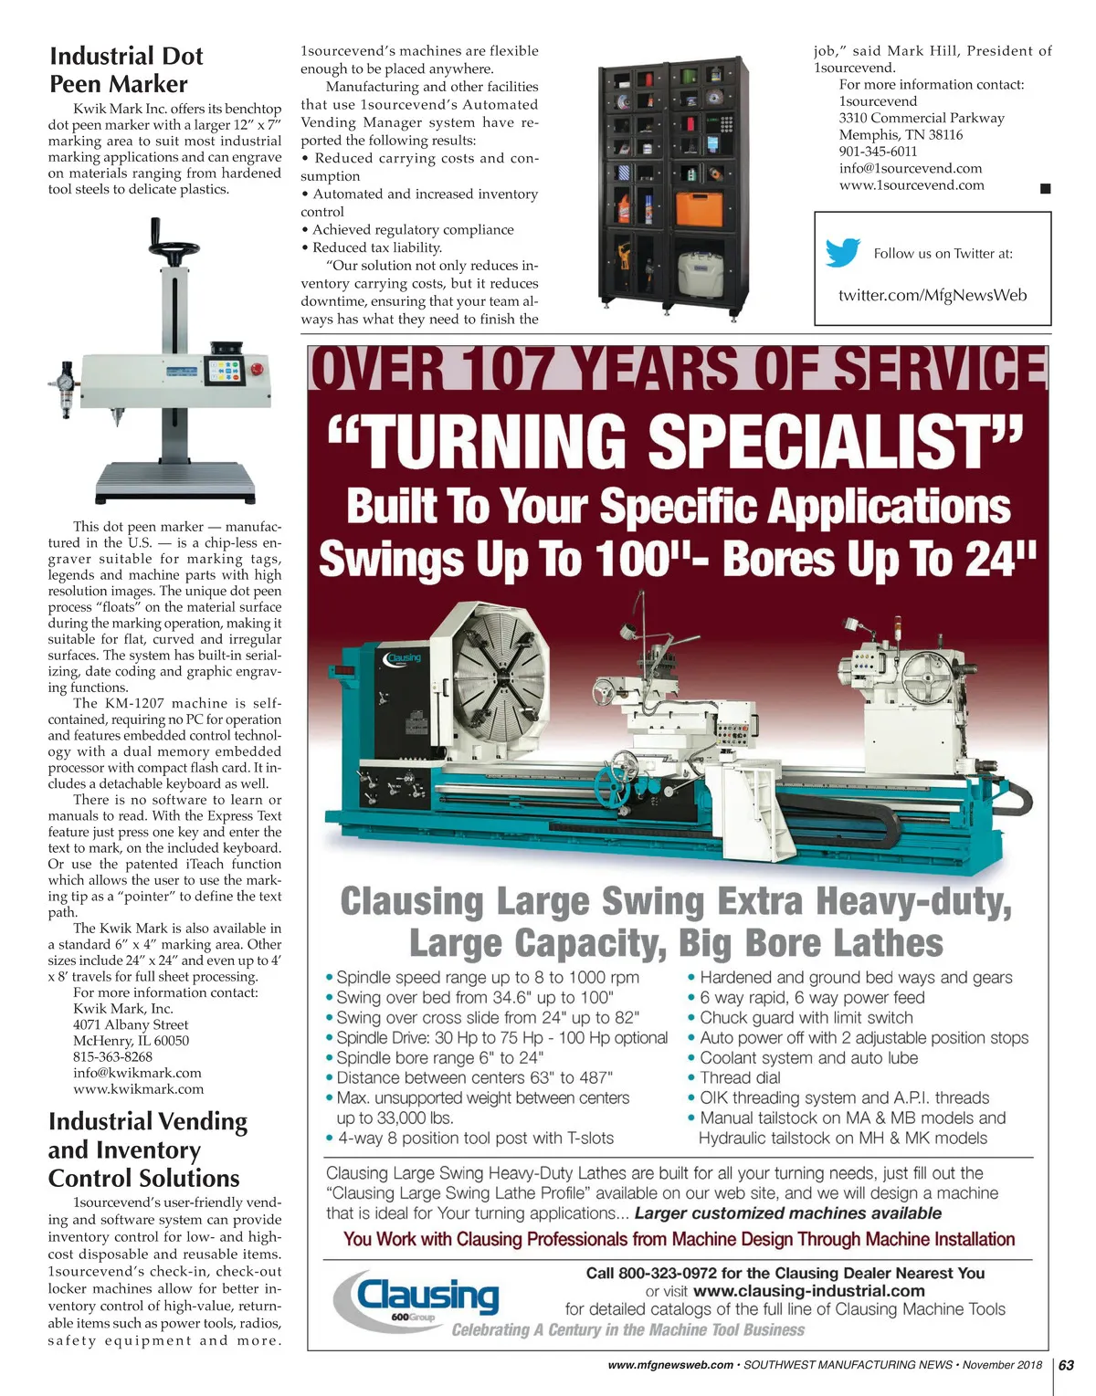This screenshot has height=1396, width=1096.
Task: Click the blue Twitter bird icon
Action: [842, 253]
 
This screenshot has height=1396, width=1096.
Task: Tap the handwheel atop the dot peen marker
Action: [174, 249]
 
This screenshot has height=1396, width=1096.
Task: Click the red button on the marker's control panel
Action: [257, 370]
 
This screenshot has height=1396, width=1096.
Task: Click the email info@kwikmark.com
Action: [137, 1073]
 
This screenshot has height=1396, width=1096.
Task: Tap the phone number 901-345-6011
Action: [878, 152]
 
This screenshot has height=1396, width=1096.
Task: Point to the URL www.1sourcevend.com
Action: [912, 185]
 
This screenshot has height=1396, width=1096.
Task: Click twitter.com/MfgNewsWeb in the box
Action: [933, 295]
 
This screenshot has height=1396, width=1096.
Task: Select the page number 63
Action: [1066, 1366]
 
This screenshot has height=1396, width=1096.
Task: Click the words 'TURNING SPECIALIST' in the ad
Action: [677, 441]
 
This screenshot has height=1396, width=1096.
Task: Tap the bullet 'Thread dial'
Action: [740, 1077]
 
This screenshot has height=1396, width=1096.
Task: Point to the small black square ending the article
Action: [1046, 189]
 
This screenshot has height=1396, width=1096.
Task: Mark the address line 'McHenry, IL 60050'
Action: [131, 1041]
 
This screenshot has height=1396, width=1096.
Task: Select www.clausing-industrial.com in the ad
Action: [808, 1291]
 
